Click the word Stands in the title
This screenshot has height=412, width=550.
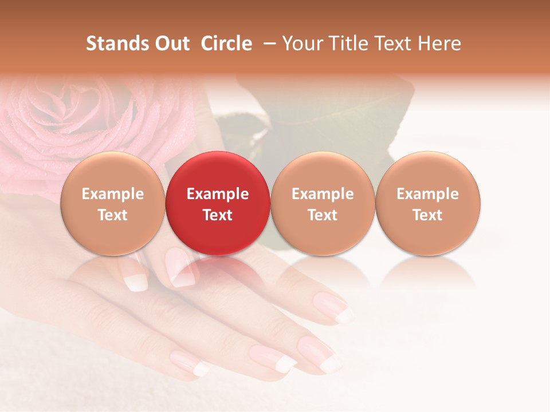[114, 43]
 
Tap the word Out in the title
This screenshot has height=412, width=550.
[171, 43]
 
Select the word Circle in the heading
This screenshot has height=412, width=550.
[226, 43]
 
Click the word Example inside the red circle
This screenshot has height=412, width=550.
[218, 194]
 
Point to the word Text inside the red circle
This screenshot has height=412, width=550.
[218, 215]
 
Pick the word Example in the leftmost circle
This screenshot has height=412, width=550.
[113, 194]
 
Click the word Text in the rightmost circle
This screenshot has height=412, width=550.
[427, 215]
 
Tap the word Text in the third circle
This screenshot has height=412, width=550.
[323, 215]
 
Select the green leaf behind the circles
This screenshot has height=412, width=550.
[332, 114]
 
